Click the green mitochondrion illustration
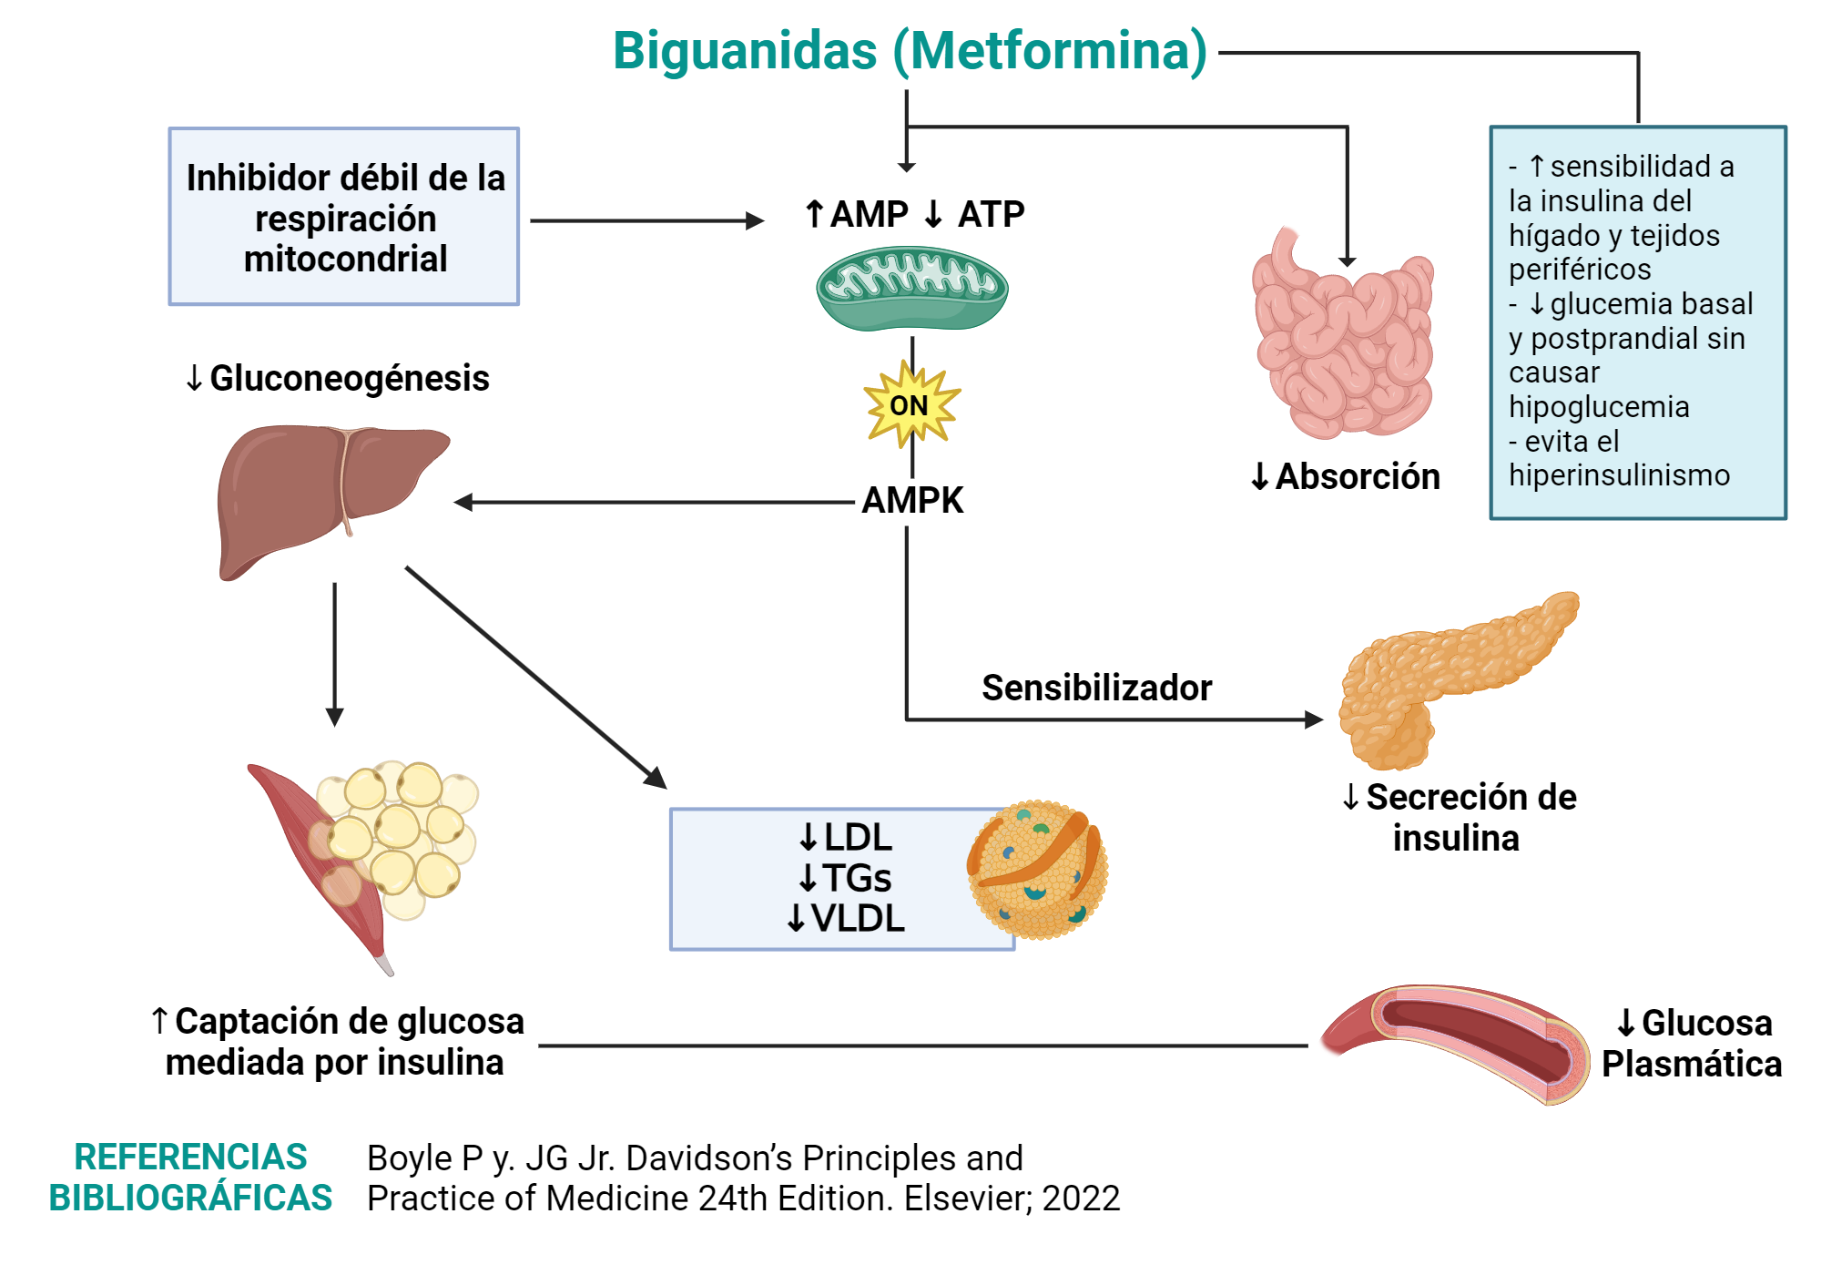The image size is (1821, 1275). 911,288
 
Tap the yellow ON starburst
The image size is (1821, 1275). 910,404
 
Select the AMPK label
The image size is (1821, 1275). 912,500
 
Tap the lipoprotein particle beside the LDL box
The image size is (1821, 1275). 1037,870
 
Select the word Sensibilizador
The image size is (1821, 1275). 1096,688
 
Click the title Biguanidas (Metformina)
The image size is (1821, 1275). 910,50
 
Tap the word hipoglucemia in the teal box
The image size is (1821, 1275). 1599,406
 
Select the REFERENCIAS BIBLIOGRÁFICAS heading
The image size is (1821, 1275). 190,1177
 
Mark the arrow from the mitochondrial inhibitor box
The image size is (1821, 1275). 646,220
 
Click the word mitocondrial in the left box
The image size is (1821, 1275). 345,259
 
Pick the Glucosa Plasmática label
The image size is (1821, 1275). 1693,1044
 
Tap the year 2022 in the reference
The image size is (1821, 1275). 1081,1198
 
